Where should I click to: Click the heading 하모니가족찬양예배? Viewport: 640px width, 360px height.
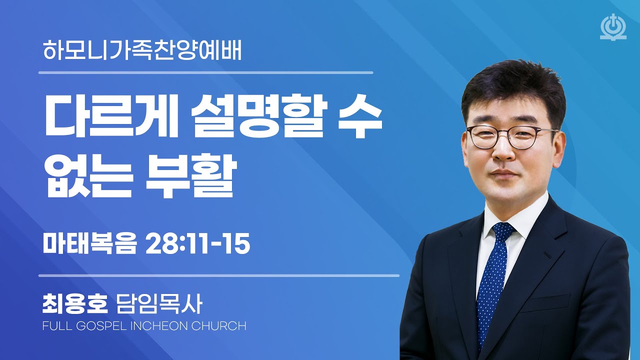[x=142, y=51]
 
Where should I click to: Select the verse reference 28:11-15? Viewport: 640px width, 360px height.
[x=197, y=244]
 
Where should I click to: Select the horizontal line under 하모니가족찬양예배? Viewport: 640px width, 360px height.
[x=205, y=73]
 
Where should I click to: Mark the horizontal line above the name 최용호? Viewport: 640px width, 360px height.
[x=218, y=275]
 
